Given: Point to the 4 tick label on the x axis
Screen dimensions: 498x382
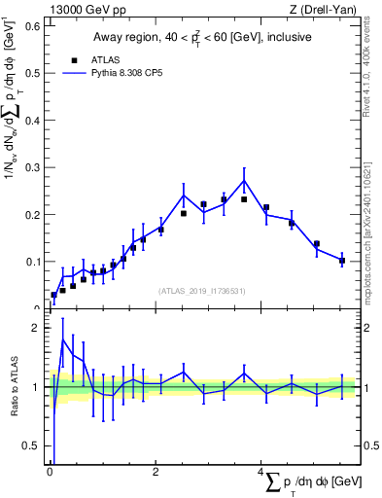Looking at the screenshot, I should point(260,473).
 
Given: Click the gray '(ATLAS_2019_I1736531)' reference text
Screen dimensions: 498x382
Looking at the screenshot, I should point(202,291).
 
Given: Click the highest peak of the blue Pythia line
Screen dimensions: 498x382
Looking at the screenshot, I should point(244,180).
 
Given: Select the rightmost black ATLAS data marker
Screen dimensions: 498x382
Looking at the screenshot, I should point(342,261).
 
